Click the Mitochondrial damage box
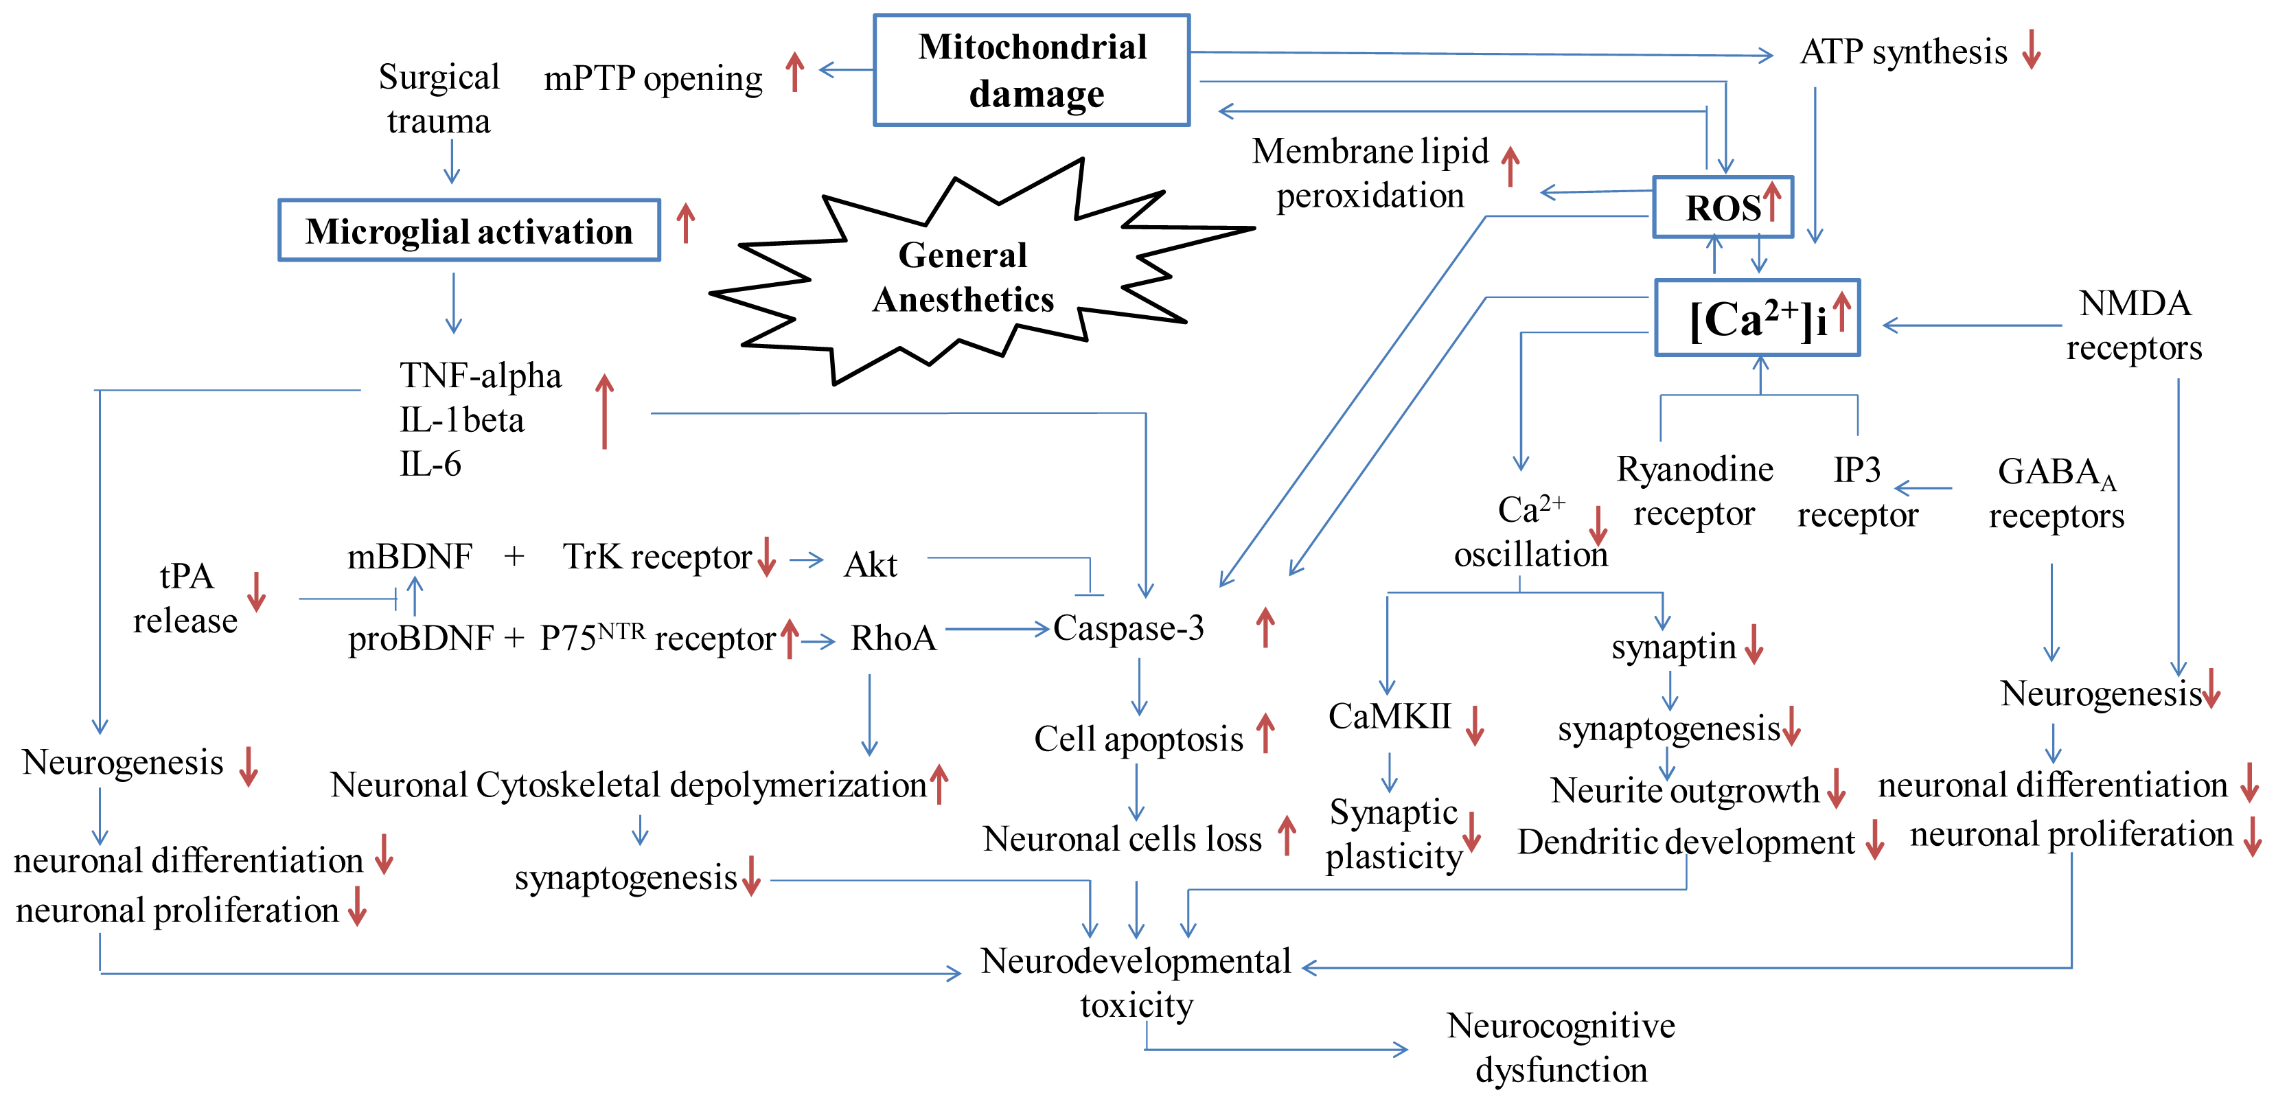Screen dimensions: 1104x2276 (x=1031, y=71)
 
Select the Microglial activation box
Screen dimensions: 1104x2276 (x=469, y=231)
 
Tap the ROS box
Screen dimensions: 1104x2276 (x=1723, y=207)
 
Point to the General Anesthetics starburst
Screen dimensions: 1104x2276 (x=963, y=277)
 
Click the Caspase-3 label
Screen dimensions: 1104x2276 (x=1128, y=628)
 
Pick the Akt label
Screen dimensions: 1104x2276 (x=871, y=565)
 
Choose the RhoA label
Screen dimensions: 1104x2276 (x=893, y=638)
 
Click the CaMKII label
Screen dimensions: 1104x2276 (x=1389, y=716)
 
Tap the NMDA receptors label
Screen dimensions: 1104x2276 (x=2134, y=325)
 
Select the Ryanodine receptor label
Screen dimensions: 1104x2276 (x=1694, y=491)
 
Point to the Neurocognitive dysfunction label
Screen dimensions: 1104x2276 (x=1561, y=1048)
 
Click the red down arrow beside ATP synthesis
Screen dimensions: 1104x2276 (x=2032, y=49)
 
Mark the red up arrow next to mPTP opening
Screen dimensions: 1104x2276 (x=795, y=71)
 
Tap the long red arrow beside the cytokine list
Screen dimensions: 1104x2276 (x=604, y=411)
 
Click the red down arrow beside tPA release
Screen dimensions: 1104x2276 (x=256, y=592)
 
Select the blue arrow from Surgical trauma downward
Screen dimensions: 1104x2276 (x=452, y=161)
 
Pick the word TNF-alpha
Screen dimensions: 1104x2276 (x=480, y=376)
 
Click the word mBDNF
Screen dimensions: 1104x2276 (x=409, y=556)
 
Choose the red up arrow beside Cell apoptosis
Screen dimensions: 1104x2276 (x=1265, y=733)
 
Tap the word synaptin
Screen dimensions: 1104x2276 (x=1673, y=647)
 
